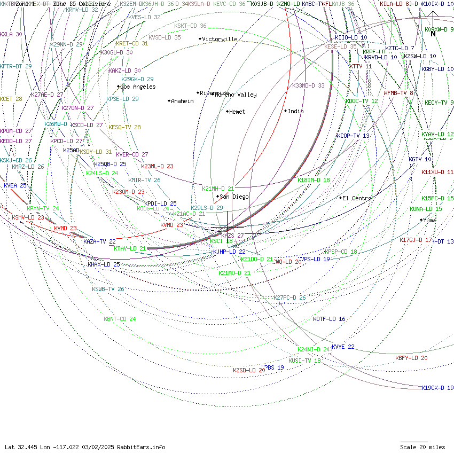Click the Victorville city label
tap(220, 39)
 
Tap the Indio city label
tap(295, 111)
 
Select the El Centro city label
tap(357, 198)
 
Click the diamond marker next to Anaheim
tap(169, 101)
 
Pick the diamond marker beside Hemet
tap(226, 112)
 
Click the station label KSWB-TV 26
tap(108, 289)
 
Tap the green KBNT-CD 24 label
tap(120, 319)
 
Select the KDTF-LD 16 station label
tap(329, 319)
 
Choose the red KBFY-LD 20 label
tap(411, 358)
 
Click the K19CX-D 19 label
tap(437, 388)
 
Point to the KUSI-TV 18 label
tap(304, 361)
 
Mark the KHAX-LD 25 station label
tap(104, 264)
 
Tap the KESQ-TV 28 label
tap(124, 127)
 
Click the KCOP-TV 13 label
tap(353, 136)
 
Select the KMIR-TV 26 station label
tap(144, 180)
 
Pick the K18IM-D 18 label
tap(314, 180)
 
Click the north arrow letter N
tap(433, 34)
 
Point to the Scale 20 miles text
tap(422, 447)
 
